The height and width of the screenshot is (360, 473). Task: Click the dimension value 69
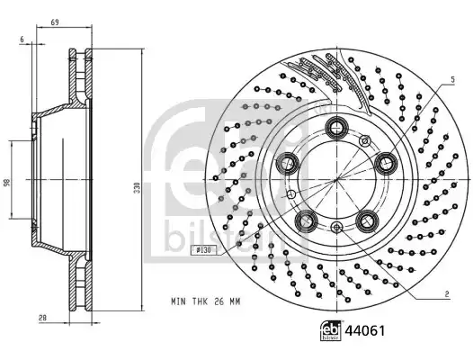pos(55,22)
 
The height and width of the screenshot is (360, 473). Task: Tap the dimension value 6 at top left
pos(22,39)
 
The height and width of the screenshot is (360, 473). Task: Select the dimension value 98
pos(7,182)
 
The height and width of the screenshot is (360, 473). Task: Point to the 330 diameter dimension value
pos(138,187)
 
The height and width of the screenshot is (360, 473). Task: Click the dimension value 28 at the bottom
pos(42,318)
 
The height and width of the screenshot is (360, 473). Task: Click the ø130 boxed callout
pos(204,250)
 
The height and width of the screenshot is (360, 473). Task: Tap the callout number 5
pos(452,80)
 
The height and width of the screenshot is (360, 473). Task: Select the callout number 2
pos(447,294)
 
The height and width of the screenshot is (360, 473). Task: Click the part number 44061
pos(365,330)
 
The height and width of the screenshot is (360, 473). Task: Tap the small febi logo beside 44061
pos(331,330)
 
